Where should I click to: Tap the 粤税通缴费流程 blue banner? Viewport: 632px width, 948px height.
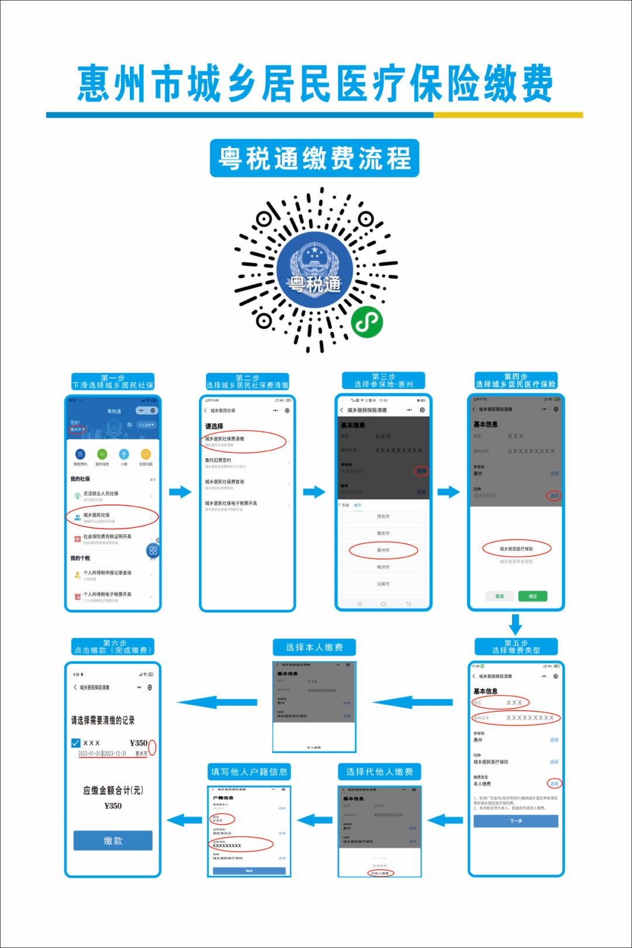pyautogui.click(x=315, y=158)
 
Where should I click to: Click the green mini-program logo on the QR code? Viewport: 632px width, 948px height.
pyautogui.click(x=367, y=321)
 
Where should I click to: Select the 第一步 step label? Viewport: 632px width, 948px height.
pyautogui.click(x=113, y=382)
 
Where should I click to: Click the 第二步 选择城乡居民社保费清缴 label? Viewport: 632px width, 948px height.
pyautogui.click(x=248, y=382)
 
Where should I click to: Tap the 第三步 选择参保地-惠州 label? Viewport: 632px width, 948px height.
pyautogui.click(x=383, y=381)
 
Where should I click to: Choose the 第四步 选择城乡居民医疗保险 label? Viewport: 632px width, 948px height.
pyautogui.click(x=516, y=381)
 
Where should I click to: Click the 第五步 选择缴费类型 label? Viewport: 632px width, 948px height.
pyautogui.click(x=516, y=647)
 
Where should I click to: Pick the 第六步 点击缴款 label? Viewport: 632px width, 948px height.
pyautogui.click(x=113, y=647)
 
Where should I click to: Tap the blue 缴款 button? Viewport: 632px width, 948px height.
pyautogui.click(x=113, y=840)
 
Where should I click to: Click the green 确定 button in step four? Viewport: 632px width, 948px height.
pyautogui.click(x=533, y=596)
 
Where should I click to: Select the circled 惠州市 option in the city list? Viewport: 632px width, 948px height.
pyautogui.click(x=383, y=550)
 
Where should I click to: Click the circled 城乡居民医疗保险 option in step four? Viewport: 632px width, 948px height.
pyautogui.click(x=516, y=549)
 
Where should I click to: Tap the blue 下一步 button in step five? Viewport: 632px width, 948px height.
pyautogui.click(x=516, y=821)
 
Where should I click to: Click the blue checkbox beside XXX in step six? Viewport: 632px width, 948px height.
pyautogui.click(x=76, y=743)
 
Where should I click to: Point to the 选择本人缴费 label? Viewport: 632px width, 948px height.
pyautogui.click(x=314, y=647)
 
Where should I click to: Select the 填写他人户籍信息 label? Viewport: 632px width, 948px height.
pyautogui.click(x=249, y=772)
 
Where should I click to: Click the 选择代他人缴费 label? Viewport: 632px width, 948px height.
pyautogui.click(x=379, y=772)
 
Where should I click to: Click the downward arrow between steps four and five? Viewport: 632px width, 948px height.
pyautogui.click(x=516, y=624)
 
